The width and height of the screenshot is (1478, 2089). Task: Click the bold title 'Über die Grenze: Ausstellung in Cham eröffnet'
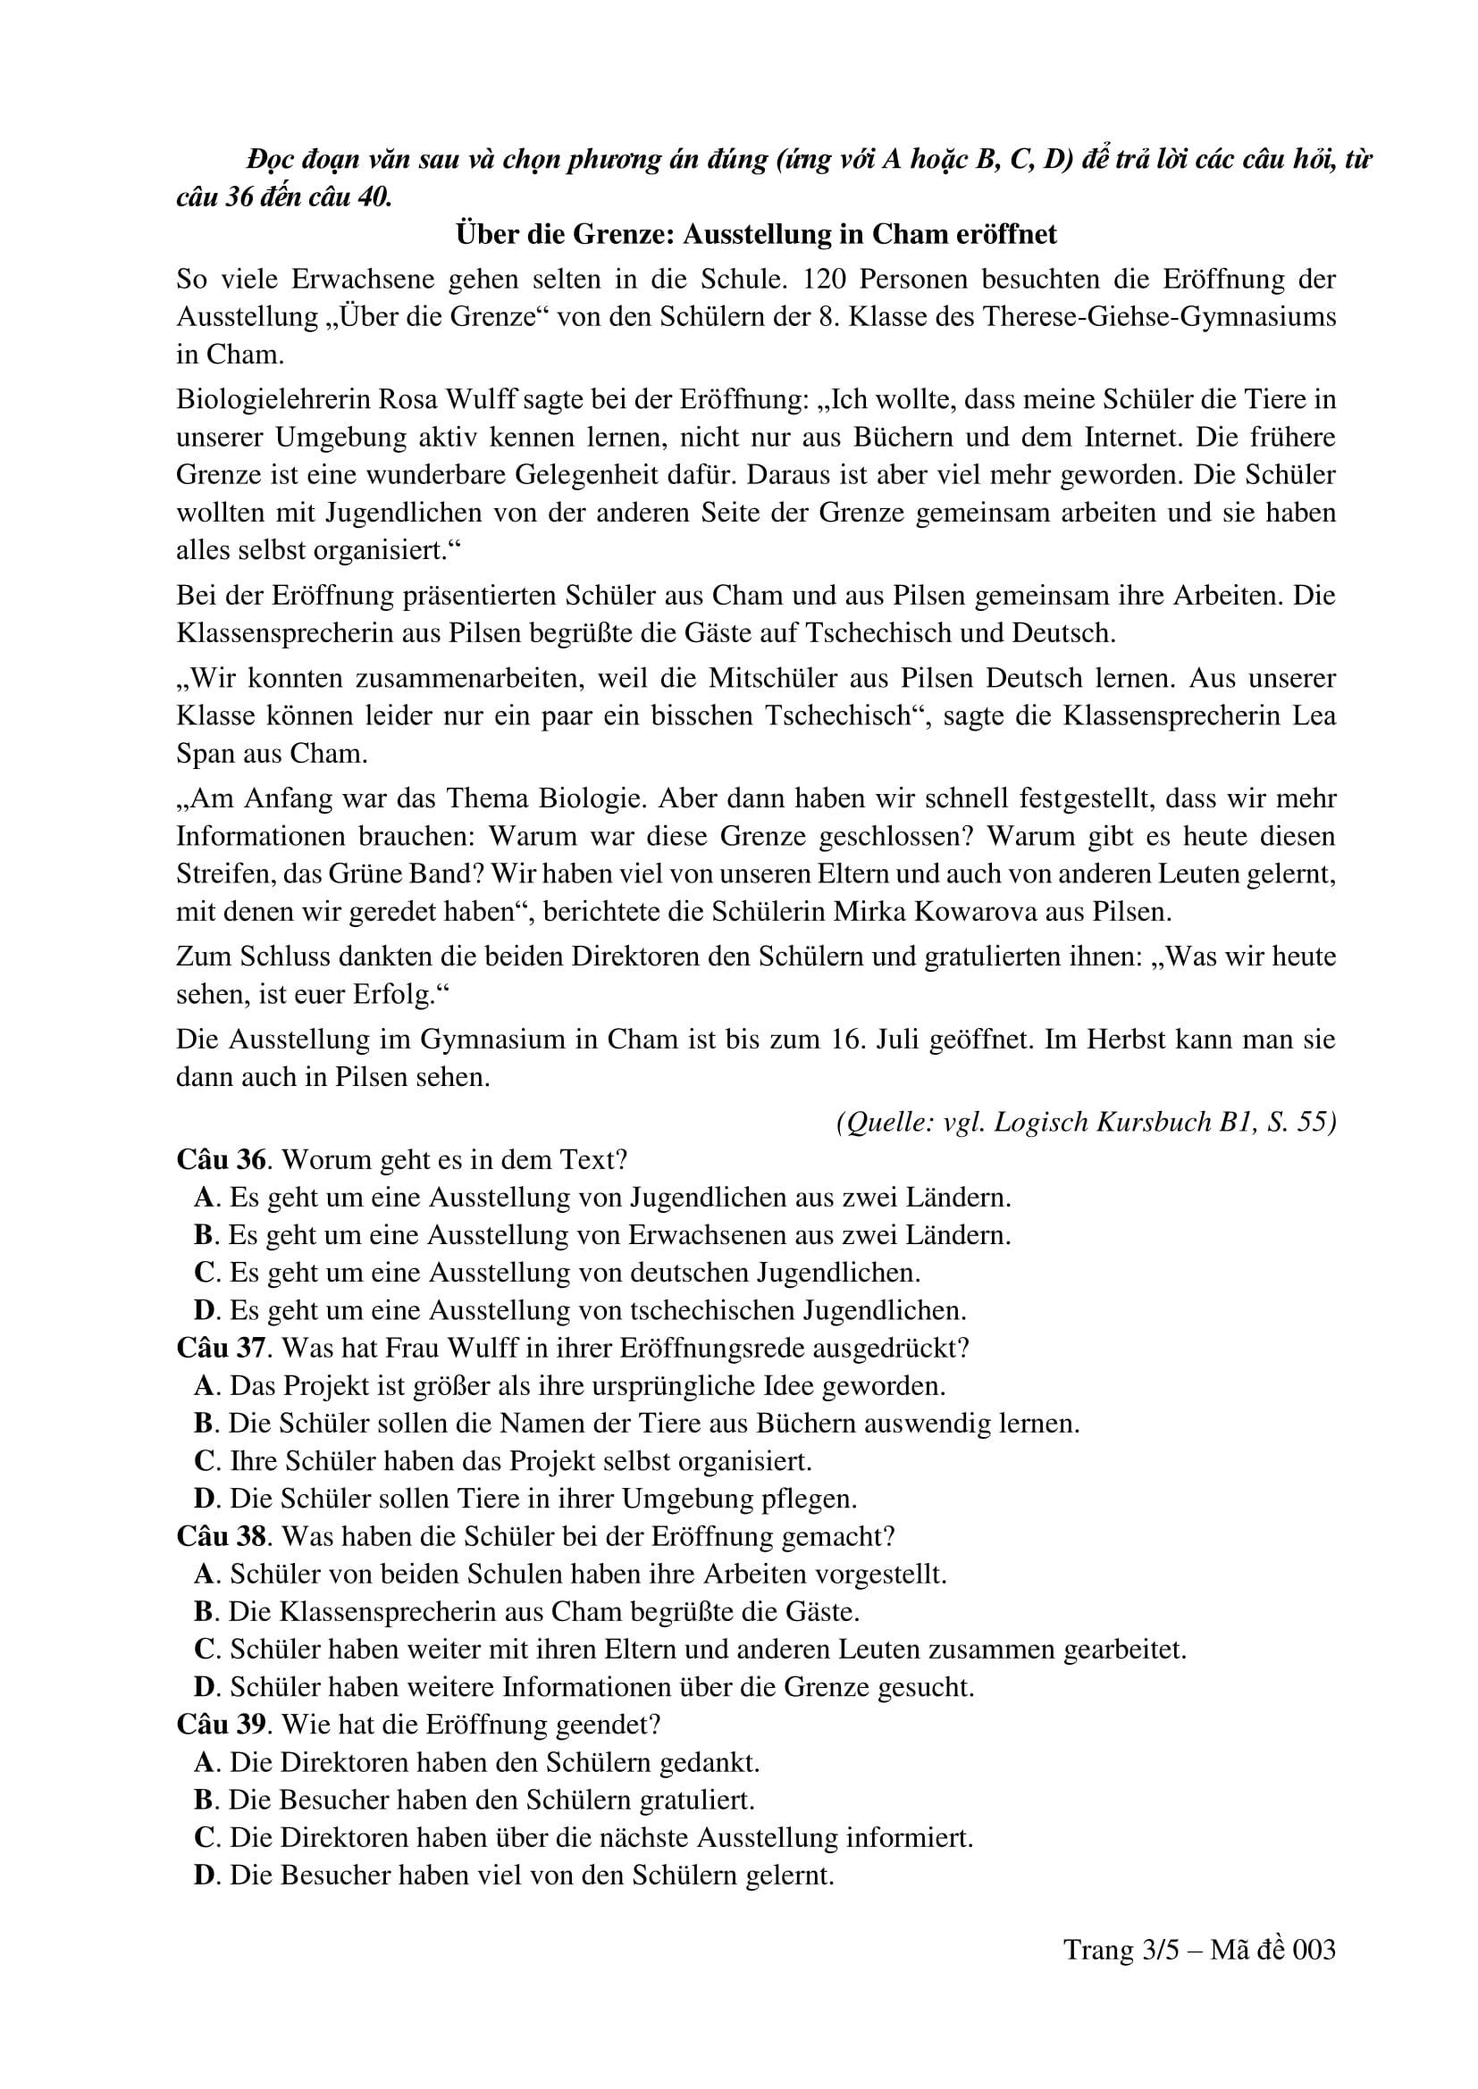coord(755,235)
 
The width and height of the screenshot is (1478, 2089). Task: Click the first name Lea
coord(1314,715)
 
